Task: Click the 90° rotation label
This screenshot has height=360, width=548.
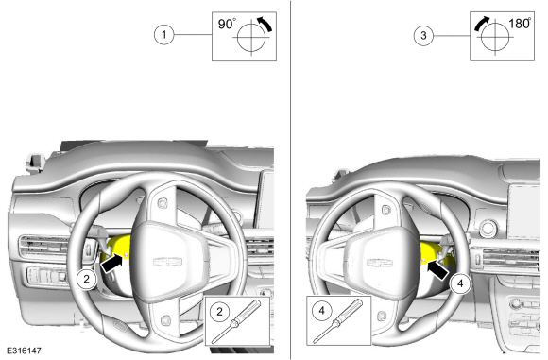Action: tap(227, 24)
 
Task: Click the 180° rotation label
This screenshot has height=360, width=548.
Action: tap(520, 23)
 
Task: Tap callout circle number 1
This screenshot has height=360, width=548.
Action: tap(163, 35)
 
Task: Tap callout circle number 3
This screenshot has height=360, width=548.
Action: tap(423, 35)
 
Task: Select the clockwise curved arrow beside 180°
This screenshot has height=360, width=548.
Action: tap(481, 23)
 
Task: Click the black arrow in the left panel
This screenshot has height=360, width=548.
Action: tap(111, 264)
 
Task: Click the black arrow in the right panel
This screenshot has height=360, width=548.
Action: tap(438, 269)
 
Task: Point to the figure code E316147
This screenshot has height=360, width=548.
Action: tap(24, 351)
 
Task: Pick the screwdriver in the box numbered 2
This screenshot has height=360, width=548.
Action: tap(236, 321)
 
